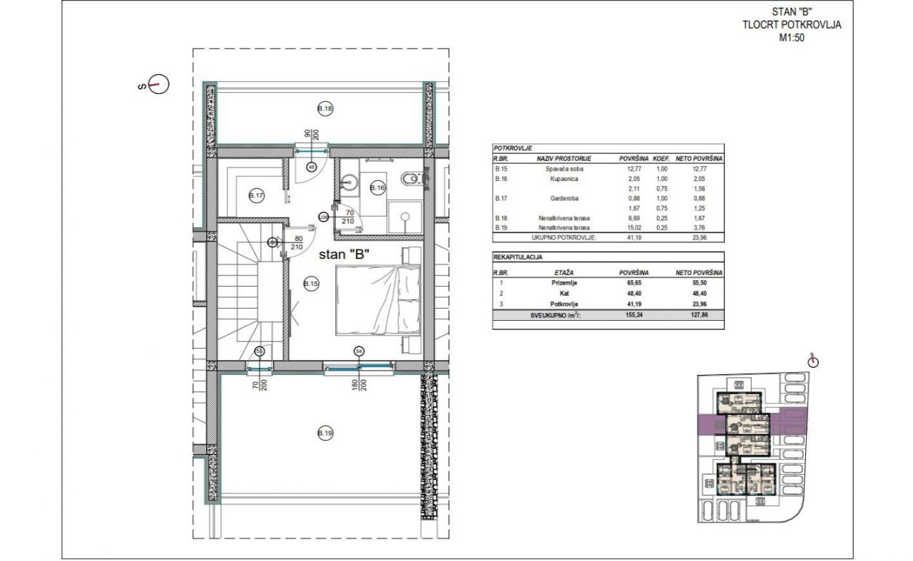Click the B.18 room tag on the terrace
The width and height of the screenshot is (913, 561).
coord(325,109)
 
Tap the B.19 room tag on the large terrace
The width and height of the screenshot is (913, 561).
coord(325,433)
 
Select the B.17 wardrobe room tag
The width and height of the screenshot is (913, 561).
coord(256,196)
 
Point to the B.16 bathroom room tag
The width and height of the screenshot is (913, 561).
coord(377,187)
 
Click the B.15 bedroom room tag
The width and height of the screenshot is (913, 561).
coord(310,284)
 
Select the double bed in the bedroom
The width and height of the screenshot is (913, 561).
coord(377,299)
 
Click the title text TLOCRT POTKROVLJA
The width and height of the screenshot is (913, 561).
coord(792,25)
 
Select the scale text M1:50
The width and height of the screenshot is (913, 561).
coord(792,38)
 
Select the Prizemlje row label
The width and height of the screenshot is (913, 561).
coord(563,283)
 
